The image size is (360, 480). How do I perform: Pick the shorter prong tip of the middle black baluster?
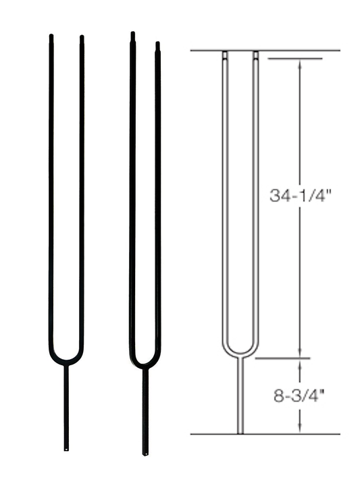click(157, 45)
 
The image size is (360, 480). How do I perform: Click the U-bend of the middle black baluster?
click(145, 363)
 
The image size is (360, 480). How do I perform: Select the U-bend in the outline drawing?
click(240, 350)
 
